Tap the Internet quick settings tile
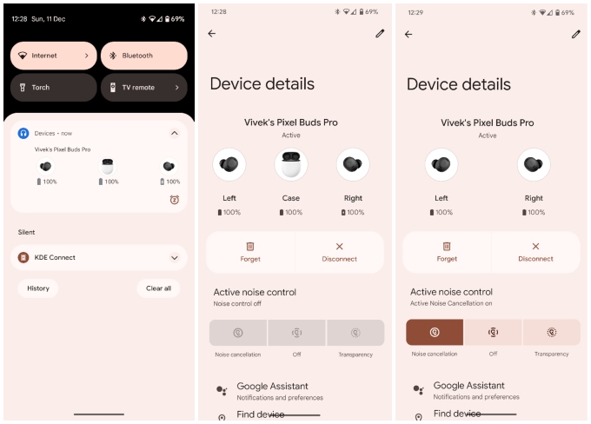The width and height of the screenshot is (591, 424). pos(53,56)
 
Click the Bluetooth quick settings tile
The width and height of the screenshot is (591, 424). pos(143,56)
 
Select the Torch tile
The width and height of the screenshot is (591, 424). pos(53,87)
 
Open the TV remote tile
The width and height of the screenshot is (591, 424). pos(143,87)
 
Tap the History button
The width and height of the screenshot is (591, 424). pos(38,288)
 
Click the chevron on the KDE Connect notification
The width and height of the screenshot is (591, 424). pos(174,258)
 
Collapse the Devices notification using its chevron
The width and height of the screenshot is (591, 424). pos(174,133)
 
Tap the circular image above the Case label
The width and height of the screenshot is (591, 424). pos(291,164)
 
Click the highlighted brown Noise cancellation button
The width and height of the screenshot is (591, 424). pos(435,332)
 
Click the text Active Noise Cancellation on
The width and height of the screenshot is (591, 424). pos(452,304)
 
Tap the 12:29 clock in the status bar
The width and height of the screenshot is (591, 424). pos(415,12)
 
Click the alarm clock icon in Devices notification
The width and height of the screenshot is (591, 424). pos(174,200)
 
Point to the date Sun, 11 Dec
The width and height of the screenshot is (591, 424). pos(49,18)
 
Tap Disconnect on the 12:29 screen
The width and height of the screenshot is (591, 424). pos(535,252)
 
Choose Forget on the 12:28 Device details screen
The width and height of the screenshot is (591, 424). pos(250,252)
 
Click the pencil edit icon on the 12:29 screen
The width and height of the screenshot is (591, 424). pos(575,34)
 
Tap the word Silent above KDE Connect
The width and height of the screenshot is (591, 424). pos(27,232)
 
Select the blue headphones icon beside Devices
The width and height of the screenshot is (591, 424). pos(23,133)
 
